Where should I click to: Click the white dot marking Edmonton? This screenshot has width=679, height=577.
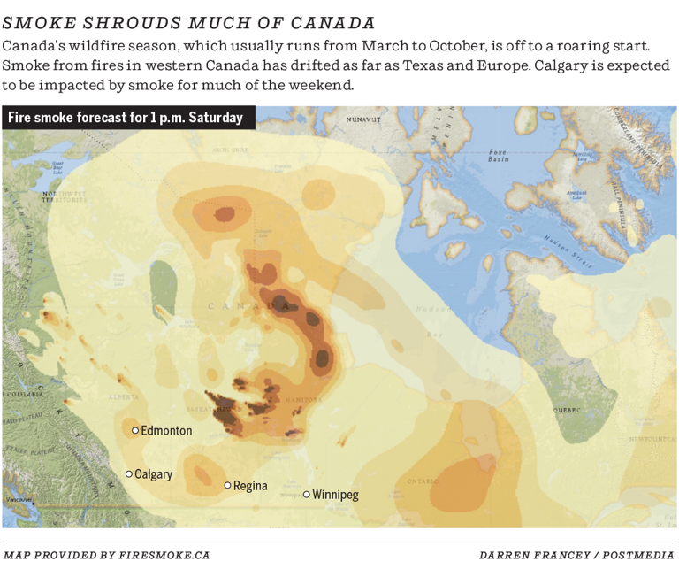[x=135, y=431]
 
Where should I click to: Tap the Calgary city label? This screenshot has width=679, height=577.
[x=153, y=474]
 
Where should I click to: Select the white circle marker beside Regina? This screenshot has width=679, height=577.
[x=227, y=485]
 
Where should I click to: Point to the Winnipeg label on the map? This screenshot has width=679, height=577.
[x=336, y=495]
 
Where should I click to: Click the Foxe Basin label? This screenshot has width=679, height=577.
[x=499, y=156]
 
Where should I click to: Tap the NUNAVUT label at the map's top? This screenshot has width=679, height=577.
[x=363, y=119]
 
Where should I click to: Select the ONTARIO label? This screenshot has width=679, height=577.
[x=423, y=481]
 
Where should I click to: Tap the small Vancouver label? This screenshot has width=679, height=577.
[x=17, y=501]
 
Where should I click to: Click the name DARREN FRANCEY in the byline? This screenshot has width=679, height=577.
[x=530, y=555]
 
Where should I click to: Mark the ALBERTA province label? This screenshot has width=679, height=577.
[x=124, y=398]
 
